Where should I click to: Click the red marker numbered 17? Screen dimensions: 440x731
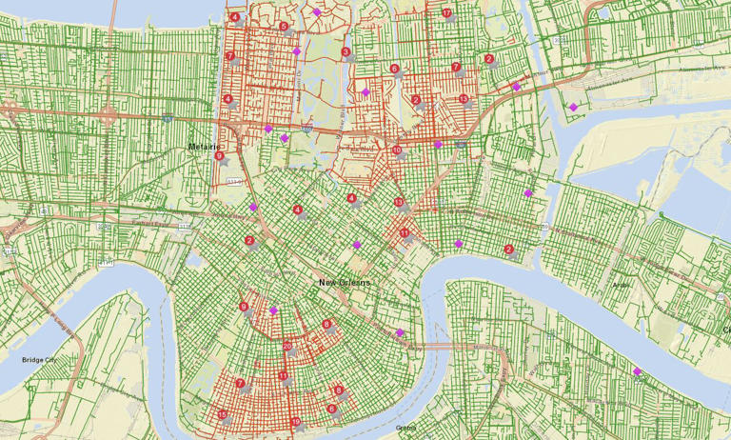pyautogui.click(x=446, y=12)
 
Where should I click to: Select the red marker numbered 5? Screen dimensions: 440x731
pyautogui.click(x=284, y=26)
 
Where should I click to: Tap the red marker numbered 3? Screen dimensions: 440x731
pyautogui.click(x=346, y=52)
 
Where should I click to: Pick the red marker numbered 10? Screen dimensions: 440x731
pyautogui.click(x=397, y=150)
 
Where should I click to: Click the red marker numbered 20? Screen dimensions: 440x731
pyautogui.click(x=287, y=346)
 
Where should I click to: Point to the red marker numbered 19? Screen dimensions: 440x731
pyautogui.click(x=295, y=421)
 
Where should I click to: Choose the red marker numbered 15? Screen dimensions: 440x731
pyautogui.click(x=222, y=414)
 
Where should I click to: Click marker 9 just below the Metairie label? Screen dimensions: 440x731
pyautogui.click(x=219, y=155)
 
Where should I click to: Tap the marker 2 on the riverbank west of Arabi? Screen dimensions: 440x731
pyautogui.click(x=509, y=250)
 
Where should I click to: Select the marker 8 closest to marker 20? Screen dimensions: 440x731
pyautogui.click(x=326, y=324)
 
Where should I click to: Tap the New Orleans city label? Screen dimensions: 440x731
pyautogui.click(x=343, y=283)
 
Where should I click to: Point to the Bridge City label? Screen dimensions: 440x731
pyautogui.click(x=38, y=359)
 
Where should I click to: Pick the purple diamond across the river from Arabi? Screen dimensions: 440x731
pyautogui.click(x=637, y=371)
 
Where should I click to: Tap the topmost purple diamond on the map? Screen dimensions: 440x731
pyautogui.click(x=316, y=12)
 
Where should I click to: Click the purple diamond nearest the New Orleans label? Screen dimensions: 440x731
pyautogui.click(x=357, y=245)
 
